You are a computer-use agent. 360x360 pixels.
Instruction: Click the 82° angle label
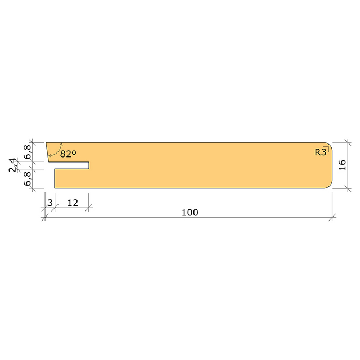pos(68,154)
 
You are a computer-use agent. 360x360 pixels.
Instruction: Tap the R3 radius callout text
pos(320,152)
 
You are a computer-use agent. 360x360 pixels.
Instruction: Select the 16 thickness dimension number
pos(342,165)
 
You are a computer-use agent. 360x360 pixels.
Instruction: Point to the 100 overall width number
pos(190,213)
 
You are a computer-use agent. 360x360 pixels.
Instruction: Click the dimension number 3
pos(50,202)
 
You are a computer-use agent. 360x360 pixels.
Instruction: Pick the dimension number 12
pos(73,202)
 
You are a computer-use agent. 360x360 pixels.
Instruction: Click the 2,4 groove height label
pos(12,165)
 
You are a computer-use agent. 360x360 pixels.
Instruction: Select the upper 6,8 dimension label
pos(28,152)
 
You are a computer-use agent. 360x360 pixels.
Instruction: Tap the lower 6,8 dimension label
pos(28,179)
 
